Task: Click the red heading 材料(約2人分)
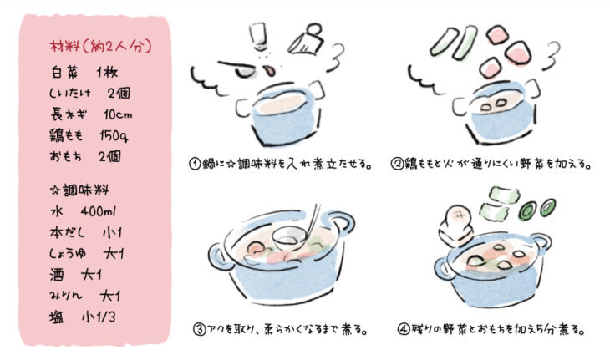(101, 47)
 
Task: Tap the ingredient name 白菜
(64, 73)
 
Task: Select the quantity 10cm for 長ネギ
(118, 114)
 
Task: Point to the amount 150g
(114, 135)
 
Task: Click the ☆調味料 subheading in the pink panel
(79, 190)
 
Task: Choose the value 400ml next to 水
(99, 211)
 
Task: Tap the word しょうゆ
(68, 254)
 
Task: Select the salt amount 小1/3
(99, 317)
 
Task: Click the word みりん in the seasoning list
(66, 296)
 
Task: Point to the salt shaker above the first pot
(258, 36)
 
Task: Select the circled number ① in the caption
(195, 164)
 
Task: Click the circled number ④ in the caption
(403, 329)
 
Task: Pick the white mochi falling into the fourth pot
(455, 226)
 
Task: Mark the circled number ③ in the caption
(199, 330)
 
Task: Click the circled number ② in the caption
(397, 164)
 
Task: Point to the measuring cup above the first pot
(307, 39)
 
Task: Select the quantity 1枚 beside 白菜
(107, 73)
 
